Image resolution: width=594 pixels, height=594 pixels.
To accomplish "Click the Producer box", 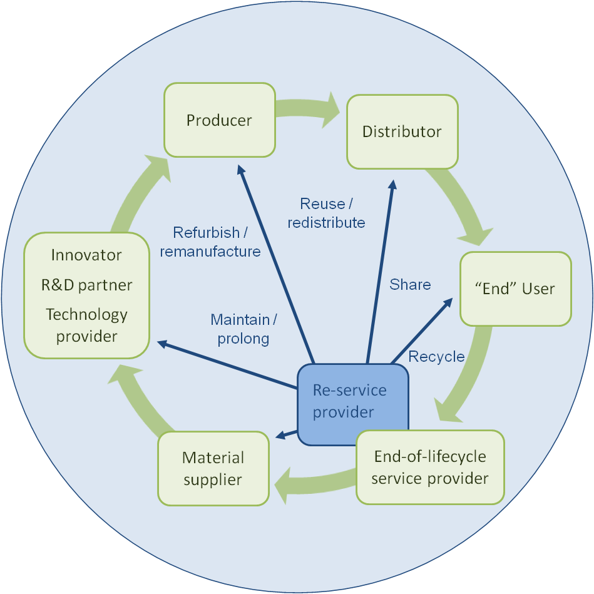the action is (x=219, y=120).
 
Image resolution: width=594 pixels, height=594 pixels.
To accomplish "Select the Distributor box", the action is (x=402, y=131).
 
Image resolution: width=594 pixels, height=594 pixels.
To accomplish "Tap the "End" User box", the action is (x=516, y=289).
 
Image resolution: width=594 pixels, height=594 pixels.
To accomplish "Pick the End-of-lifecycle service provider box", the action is (x=430, y=467).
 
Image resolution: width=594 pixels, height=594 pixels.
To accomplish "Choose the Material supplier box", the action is (x=213, y=468).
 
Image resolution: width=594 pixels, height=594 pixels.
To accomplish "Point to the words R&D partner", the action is (x=87, y=285).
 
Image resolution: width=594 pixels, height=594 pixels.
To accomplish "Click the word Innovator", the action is (x=86, y=255).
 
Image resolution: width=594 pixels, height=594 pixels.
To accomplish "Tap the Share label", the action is (x=410, y=284).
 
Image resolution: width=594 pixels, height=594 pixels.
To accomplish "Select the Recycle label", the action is (x=436, y=357).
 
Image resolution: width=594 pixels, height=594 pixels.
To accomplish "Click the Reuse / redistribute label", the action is (x=326, y=213).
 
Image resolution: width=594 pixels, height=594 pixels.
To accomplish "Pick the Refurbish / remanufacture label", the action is (x=210, y=242).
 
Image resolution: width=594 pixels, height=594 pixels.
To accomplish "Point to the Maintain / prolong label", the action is (x=243, y=329).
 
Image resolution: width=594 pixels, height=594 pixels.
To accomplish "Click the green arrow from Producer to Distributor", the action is (x=307, y=109).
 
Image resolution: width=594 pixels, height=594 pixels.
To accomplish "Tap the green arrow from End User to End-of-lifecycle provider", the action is (x=469, y=375).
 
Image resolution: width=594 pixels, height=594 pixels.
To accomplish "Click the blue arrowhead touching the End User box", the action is (x=448, y=303).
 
